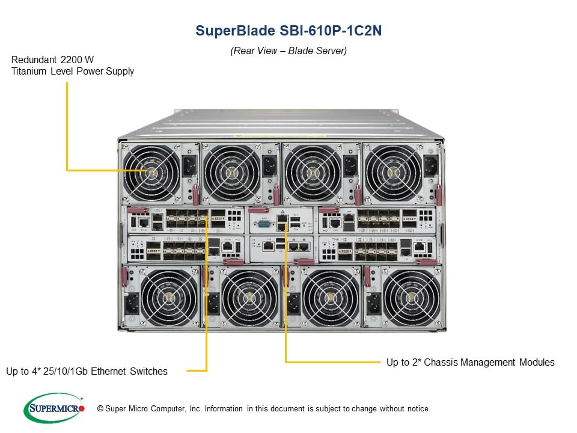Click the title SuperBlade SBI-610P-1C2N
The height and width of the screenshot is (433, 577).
[x=288, y=31]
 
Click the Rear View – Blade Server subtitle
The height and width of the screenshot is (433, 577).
[x=288, y=51]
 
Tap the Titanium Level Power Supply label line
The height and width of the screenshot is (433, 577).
[x=73, y=72]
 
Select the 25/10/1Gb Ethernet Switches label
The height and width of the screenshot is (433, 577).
[x=87, y=372]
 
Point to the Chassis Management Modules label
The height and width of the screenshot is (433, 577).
[x=470, y=362]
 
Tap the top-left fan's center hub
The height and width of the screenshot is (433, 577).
[x=150, y=172]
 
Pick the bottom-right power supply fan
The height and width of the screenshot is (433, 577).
[x=412, y=297]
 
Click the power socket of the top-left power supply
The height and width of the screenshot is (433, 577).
[x=189, y=165]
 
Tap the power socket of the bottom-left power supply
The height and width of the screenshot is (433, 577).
[x=132, y=302]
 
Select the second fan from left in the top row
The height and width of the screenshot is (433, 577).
[x=231, y=172]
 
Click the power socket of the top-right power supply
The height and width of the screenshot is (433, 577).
[x=430, y=165]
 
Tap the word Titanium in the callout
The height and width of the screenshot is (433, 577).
[x=30, y=72]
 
